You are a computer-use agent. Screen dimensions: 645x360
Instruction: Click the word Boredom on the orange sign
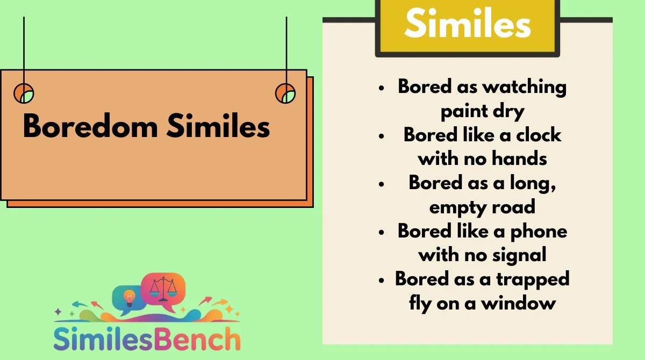click(x=90, y=126)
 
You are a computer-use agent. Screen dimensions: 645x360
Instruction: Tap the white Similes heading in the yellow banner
click(x=468, y=23)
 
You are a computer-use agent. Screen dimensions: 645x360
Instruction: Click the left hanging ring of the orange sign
click(x=24, y=93)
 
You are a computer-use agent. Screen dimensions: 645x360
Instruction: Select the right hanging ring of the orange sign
click(x=285, y=93)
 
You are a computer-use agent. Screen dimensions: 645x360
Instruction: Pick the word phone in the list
click(x=539, y=232)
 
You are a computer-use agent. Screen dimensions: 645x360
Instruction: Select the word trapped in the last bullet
click(x=533, y=279)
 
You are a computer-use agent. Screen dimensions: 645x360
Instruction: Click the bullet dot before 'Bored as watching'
click(x=382, y=88)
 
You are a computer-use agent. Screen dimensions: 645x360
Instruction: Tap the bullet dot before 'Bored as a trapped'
click(x=382, y=280)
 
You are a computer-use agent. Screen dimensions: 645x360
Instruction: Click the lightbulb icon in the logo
click(x=129, y=298)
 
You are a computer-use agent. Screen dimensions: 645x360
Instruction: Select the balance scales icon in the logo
click(x=163, y=289)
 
